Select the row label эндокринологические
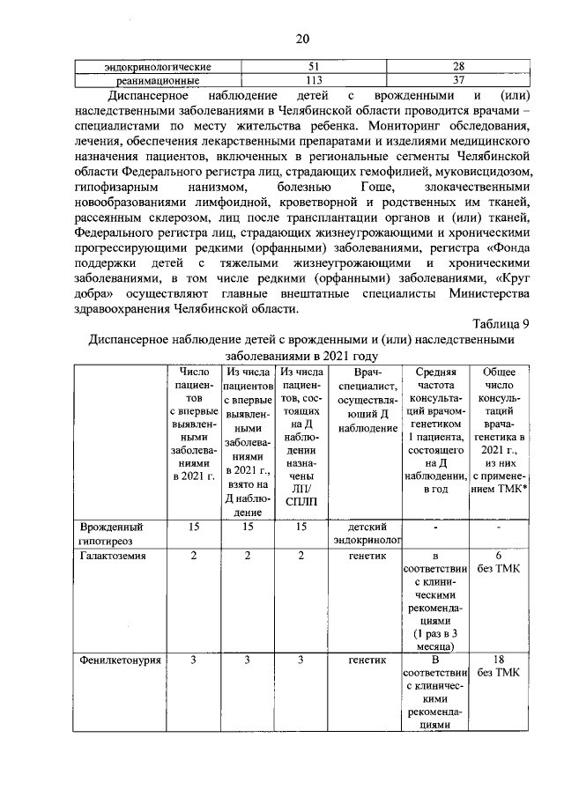(157, 67)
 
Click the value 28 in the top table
(457, 67)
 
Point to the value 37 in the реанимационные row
(457, 80)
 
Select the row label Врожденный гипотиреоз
(111, 534)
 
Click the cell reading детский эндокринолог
(363, 534)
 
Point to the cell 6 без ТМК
(499, 563)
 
